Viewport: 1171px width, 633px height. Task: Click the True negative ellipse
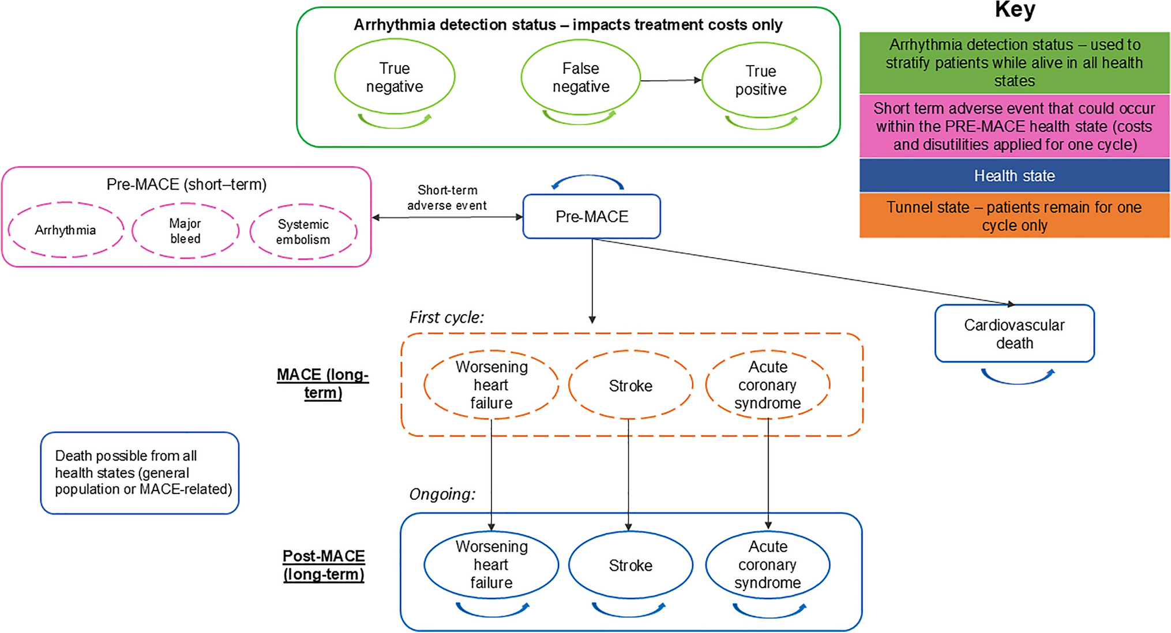[x=395, y=77]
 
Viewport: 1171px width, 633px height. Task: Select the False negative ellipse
[x=581, y=77]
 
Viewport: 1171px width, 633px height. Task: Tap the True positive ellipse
[x=761, y=80]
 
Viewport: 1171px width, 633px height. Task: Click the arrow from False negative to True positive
[x=671, y=81]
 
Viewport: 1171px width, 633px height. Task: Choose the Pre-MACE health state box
[x=591, y=217]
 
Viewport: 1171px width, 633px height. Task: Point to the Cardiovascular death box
[x=1014, y=334]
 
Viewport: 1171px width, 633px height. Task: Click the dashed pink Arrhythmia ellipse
[x=66, y=230]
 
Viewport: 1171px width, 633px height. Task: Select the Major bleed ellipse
[x=185, y=231]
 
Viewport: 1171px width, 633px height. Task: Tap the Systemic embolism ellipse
[x=303, y=232]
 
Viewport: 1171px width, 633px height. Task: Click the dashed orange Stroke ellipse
[x=630, y=385]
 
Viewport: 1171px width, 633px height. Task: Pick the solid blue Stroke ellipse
[x=630, y=565]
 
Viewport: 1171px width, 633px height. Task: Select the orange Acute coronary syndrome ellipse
[x=768, y=385]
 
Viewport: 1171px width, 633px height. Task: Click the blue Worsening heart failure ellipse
[x=491, y=564]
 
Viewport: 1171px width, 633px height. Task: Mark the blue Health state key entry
[x=1014, y=176]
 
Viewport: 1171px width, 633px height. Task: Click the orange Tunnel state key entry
[x=1014, y=216]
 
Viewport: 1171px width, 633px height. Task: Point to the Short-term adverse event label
[x=447, y=198]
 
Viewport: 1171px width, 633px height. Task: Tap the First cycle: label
[x=446, y=317]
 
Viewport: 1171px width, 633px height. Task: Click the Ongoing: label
[x=442, y=494]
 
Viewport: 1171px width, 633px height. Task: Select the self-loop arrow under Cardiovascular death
[x=1018, y=378]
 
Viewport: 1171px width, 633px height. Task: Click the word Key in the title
[x=1015, y=10]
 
